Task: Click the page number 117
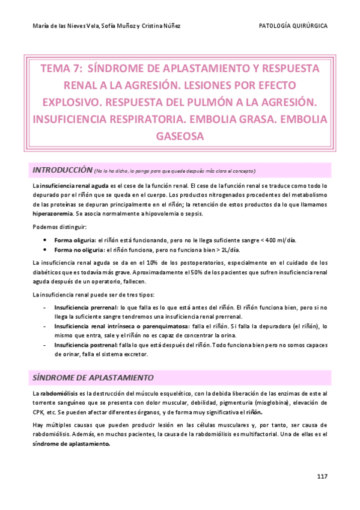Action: (322, 476)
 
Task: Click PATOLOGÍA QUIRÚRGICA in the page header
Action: (293, 26)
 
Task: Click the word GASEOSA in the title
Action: (180, 137)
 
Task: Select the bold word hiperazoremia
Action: (53, 214)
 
